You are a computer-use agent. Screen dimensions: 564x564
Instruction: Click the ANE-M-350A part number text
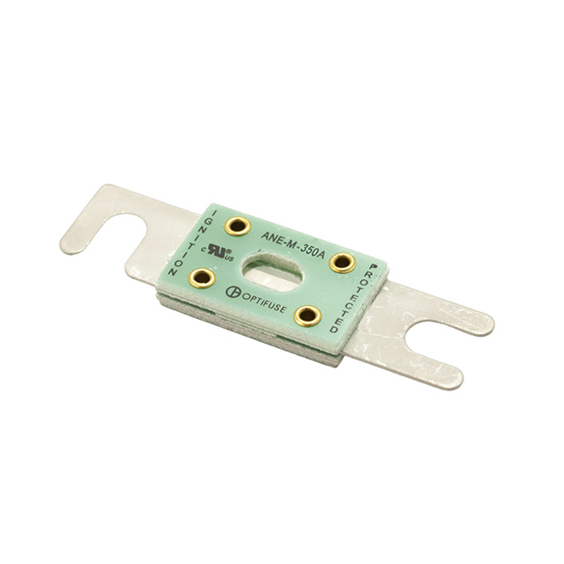(x=293, y=244)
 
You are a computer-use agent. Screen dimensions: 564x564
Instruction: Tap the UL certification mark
(x=218, y=252)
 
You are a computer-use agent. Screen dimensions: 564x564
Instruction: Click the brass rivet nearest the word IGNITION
(x=237, y=226)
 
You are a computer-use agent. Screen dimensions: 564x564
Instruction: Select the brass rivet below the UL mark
(x=202, y=278)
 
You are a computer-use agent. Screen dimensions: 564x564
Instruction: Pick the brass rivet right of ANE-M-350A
(x=343, y=263)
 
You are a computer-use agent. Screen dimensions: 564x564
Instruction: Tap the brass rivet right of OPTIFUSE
(x=308, y=316)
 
